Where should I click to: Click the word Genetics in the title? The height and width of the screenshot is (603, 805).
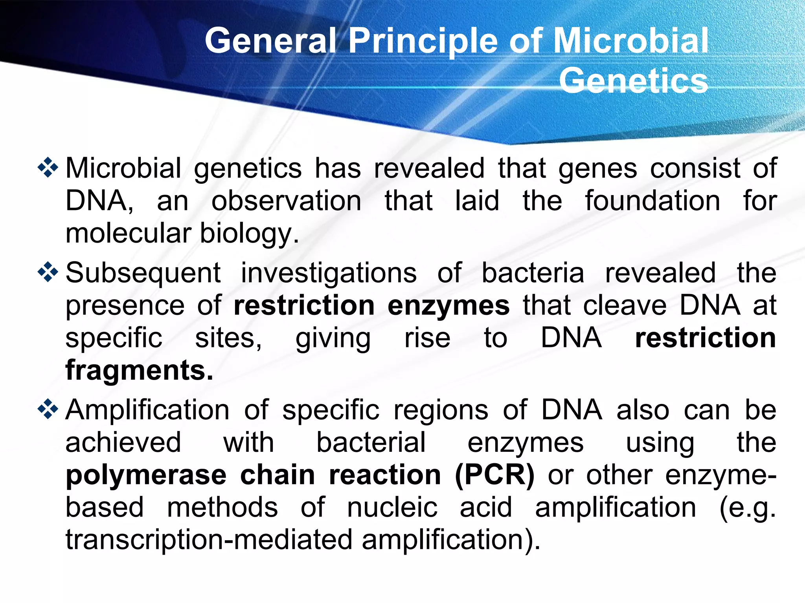633,81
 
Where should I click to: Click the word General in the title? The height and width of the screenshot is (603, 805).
270,41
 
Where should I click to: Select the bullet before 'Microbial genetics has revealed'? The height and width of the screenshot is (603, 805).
48,168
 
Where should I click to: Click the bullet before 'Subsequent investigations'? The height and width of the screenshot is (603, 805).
48,272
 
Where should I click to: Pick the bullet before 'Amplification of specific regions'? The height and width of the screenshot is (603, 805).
48,410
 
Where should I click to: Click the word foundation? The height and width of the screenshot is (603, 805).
652,201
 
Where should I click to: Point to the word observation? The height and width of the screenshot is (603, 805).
286,201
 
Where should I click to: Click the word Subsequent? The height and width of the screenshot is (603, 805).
143,273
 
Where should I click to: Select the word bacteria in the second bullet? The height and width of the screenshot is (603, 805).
533,273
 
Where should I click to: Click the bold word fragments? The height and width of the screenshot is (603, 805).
139,370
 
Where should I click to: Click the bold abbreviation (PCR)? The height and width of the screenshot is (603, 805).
495,475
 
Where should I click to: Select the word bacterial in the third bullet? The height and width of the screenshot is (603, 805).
371,443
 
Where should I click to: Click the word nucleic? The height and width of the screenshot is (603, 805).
392,507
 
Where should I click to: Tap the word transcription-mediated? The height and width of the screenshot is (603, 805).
209,540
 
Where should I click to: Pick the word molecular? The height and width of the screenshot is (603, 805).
129,234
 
